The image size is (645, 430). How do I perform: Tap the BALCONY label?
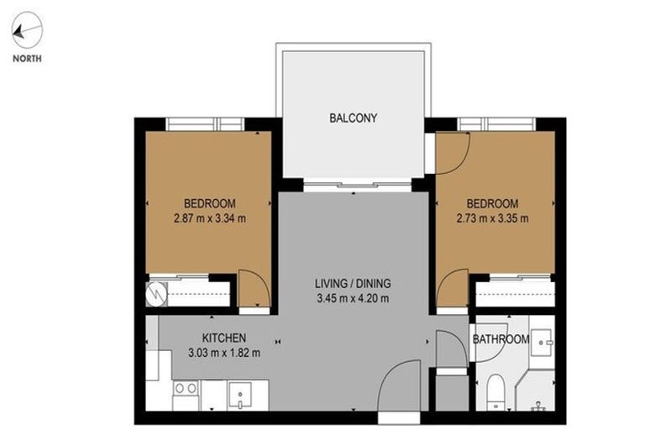(x=353, y=118)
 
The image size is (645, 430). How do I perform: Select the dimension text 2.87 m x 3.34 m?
(x=209, y=219)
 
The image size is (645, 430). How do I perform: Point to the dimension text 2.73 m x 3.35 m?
(x=492, y=219)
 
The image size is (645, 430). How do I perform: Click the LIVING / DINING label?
(x=352, y=283)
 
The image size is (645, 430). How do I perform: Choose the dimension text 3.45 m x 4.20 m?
(x=352, y=298)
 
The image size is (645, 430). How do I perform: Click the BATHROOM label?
(x=501, y=340)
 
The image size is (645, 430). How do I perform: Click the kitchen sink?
(x=239, y=393)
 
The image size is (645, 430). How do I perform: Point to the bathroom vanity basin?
(x=545, y=339)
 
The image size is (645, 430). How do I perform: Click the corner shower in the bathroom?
(x=538, y=395)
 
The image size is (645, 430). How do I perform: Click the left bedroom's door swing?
(x=252, y=291)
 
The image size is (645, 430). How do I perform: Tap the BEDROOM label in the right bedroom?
(x=492, y=203)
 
